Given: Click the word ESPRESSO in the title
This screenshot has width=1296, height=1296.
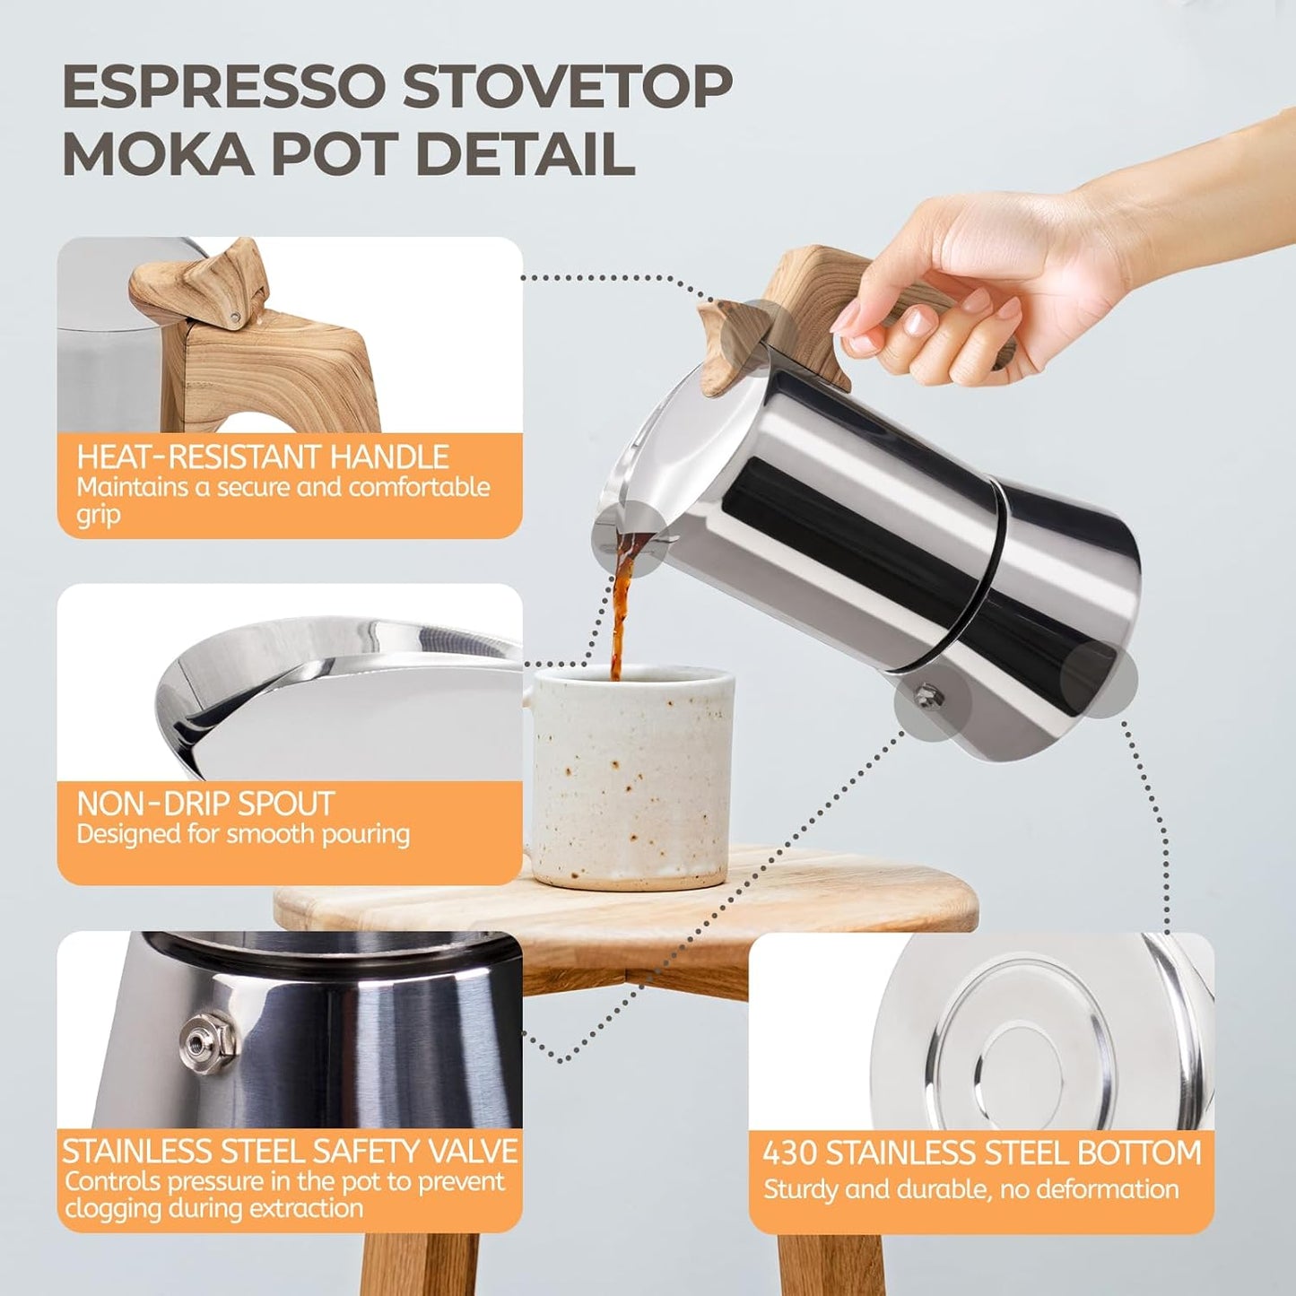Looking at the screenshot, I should [224, 87].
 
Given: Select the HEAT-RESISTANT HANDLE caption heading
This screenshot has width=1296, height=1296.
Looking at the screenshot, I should [262, 457].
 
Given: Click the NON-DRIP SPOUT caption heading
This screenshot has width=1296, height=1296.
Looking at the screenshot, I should [205, 803].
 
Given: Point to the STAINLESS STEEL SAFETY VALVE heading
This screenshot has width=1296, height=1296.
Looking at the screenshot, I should [290, 1151].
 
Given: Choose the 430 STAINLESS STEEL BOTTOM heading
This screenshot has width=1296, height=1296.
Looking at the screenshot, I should [981, 1152].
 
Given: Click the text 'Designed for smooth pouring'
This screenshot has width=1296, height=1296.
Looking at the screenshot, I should [243, 834].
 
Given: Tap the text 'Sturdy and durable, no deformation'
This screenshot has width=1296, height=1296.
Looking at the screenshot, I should [970, 1189].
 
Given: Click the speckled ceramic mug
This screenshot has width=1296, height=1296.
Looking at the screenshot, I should [632, 776].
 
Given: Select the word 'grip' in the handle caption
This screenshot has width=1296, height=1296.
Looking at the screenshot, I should [98, 516].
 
